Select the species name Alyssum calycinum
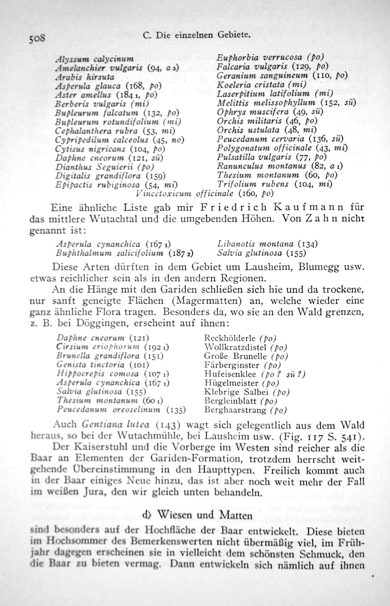click(x=94, y=59)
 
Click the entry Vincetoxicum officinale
click(x=184, y=194)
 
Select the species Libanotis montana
click(x=255, y=244)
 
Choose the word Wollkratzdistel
click(x=235, y=347)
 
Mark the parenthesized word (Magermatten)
click(x=207, y=301)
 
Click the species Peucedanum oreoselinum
click(x=108, y=409)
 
